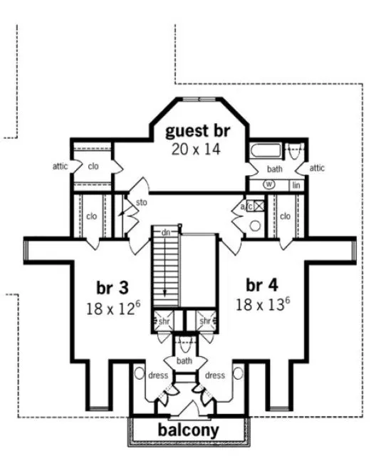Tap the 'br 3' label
[113, 287]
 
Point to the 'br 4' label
[262, 285]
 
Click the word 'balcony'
[188, 430]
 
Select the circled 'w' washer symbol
[269, 184]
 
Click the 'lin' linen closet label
[296, 184]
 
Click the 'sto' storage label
[141, 202]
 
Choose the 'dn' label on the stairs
[166, 232]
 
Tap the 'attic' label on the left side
[61, 167]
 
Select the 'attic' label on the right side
[318, 168]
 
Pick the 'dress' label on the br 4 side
[214, 375]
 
